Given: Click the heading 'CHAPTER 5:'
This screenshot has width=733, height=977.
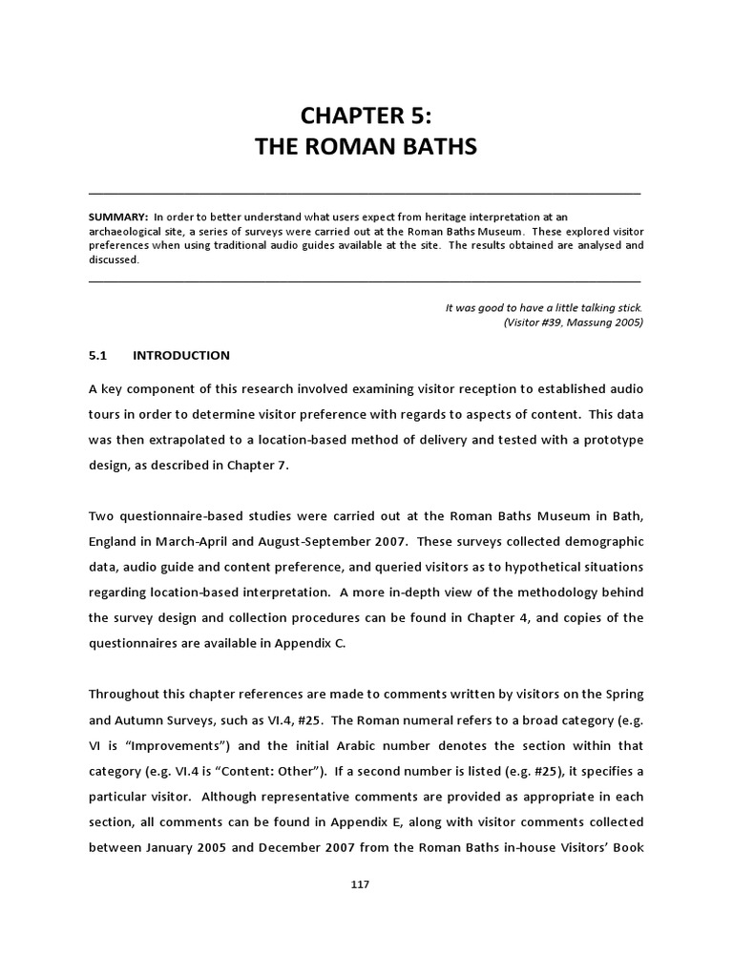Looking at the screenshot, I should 366,115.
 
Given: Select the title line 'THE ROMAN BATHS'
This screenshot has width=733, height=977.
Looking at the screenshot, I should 366,148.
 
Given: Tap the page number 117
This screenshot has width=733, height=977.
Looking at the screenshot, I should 360,884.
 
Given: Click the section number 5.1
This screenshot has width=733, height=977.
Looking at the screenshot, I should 98,356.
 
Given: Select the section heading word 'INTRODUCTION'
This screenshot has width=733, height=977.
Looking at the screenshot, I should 181,356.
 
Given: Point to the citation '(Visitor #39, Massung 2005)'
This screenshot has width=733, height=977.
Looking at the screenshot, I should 573,322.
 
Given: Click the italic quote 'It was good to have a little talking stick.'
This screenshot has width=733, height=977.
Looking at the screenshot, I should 544,307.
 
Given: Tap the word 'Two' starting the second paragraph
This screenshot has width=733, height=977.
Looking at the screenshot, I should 101,516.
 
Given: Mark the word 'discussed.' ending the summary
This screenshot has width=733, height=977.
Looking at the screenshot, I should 114,260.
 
